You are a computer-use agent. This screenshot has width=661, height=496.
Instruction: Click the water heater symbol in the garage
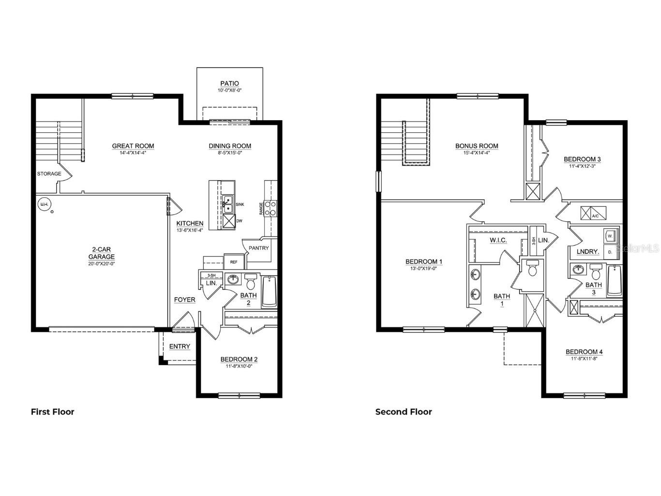click(44, 204)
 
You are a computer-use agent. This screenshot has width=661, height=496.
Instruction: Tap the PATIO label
click(229, 84)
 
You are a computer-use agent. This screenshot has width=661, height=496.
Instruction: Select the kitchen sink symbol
click(227, 204)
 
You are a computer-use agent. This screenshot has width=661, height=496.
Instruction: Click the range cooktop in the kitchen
click(270, 208)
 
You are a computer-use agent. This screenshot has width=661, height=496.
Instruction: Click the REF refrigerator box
click(234, 262)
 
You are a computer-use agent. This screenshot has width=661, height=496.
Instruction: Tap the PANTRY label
click(258, 248)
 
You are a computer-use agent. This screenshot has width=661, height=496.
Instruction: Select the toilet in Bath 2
click(251, 281)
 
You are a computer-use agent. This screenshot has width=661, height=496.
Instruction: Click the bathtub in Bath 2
click(269, 292)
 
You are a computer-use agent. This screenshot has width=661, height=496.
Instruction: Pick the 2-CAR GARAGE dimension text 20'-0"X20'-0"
click(102, 264)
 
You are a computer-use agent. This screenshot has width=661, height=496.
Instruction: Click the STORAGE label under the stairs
click(49, 174)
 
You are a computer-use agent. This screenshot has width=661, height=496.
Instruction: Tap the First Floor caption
click(53, 412)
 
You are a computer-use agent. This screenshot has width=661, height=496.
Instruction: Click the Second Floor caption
click(404, 412)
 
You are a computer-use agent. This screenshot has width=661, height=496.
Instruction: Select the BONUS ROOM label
click(477, 146)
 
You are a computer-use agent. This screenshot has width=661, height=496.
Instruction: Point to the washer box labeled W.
click(610, 236)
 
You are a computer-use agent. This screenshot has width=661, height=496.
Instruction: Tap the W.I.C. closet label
click(498, 240)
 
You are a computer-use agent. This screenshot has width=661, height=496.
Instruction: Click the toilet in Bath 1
click(533, 269)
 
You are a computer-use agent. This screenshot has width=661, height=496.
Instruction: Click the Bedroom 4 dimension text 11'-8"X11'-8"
click(584, 359)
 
